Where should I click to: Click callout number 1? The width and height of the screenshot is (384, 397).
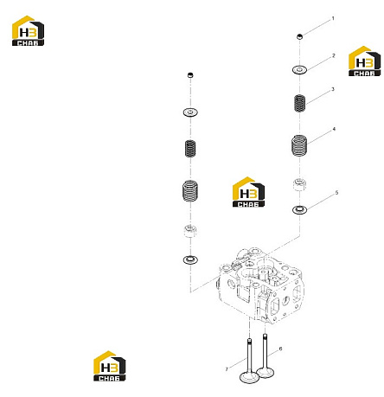pyautogui.click(x=333, y=18)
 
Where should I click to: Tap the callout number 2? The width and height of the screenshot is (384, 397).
pyautogui.click(x=334, y=55)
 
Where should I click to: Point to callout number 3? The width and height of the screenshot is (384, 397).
pyautogui.click(x=333, y=89)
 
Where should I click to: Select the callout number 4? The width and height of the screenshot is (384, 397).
pyautogui.click(x=334, y=129)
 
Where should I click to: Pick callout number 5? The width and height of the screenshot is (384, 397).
pyautogui.click(x=336, y=193)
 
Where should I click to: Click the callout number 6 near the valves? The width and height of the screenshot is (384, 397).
pyautogui.click(x=280, y=349)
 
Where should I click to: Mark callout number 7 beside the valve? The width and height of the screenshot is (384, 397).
pyautogui.click(x=227, y=369)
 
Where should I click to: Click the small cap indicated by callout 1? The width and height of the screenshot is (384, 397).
pyautogui.click(x=300, y=36)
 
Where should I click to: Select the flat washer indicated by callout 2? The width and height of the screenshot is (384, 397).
pyautogui.click(x=299, y=70)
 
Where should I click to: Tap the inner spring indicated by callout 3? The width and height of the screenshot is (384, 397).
pyautogui.click(x=299, y=103)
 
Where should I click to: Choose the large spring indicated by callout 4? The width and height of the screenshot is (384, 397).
pyautogui.click(x=299, y=145)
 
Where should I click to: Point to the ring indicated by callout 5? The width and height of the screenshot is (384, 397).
pyautogui.click(x=299, y=209)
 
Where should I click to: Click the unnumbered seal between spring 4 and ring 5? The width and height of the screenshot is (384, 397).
pyautogui.click(x=299, y=185)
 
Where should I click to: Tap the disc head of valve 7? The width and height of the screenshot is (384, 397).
pyautogui.click(x=249, y=377)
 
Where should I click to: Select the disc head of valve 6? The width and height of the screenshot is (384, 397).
pyautogui.click(x=266, y=372)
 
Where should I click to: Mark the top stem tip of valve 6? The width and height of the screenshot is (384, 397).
pyautogui.click(x=265, y=335)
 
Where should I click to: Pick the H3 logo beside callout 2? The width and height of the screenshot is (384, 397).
pyautogui.click(x=364, y=61)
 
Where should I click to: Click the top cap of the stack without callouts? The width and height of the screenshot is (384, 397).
pyautogui.click(x=190, y=75)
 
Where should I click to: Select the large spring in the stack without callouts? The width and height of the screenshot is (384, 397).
pyautogui.click(x=190, y=190)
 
